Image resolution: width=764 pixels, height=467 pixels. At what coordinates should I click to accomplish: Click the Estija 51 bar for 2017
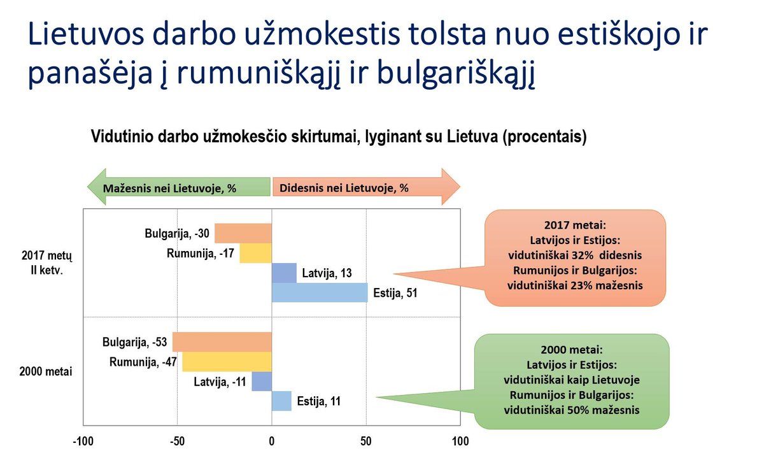pyautogui.click(x=320, y=292)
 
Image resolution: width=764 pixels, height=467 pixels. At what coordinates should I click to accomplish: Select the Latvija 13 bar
pyautogui.click(x=284, y=273)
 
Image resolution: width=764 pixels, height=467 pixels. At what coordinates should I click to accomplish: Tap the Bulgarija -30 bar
pyautogui.click(x=243, y=233)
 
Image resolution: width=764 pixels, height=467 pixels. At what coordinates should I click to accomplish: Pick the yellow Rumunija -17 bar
pyautogui.click(x=256, y=253)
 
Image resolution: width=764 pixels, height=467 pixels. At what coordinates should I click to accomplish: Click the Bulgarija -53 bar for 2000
pyautogui.click(x=222, y=341)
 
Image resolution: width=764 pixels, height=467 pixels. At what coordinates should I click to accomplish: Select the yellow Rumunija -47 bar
pyautogui.click(x=227, y=361)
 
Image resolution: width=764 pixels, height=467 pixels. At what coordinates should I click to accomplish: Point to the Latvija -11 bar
pyautogui.click(x=262, y=382)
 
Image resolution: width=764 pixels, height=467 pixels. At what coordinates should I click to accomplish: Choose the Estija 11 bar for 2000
pyautogui.click(x=281, y=401)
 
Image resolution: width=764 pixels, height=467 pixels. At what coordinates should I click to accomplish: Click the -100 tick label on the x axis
pyautogui.click(x=83, y=442)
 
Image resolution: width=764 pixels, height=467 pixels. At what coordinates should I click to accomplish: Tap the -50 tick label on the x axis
pyautogui.click(x=178, y=442)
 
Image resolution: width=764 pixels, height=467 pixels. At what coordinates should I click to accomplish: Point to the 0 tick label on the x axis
pyautogui.click(x=271, y=442)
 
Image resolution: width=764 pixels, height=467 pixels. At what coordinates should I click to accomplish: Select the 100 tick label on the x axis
pyautogui.click(x=460, y=442)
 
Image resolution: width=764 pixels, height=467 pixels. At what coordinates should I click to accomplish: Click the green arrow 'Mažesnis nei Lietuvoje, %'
pyautogui.click(x=179, y=187)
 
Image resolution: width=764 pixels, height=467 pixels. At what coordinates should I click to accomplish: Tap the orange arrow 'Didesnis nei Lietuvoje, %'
pyautogui.click(x=366, y=187)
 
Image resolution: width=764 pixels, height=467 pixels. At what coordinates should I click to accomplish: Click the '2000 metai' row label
pyautogui.click(x=46, y=371)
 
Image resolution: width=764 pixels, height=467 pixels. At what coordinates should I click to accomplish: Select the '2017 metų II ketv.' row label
pyautogui.click(x=46, y=262)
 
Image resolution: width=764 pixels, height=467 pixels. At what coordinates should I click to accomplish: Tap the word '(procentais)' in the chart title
pyautogui.click(x=545, y=137)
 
